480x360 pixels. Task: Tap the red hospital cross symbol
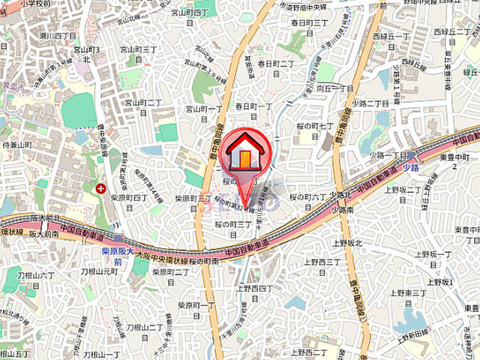click(101, 189)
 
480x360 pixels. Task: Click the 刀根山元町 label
click(100, 271)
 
